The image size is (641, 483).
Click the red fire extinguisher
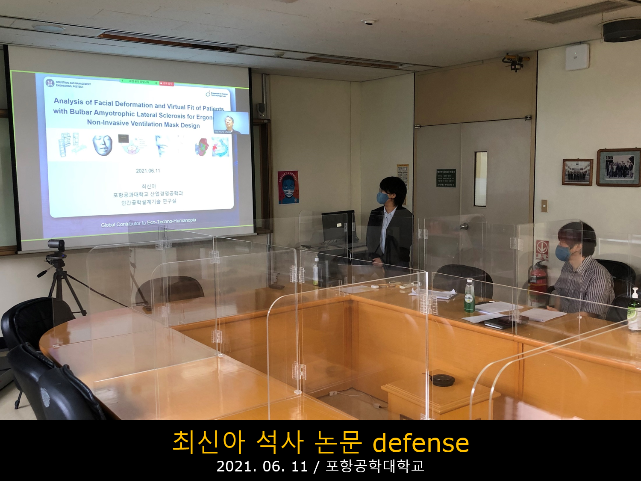click(538, 278)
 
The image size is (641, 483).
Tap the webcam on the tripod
click(56, 246)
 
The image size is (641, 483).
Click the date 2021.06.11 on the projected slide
click(148, 171)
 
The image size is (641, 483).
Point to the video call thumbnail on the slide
click(231, 123)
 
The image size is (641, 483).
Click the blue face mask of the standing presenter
click(382, 198)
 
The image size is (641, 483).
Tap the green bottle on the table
click(469, 296)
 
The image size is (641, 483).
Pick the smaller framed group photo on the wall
click(577, 172)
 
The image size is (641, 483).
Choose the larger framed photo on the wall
click(619, 167)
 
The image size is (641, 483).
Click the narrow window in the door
click(480, 179)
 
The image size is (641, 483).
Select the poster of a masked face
click(288, 187)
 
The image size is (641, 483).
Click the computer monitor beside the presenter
click(338, 227)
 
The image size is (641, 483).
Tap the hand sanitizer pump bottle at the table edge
click(635, 309)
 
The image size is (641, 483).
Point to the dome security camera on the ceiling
click(369, 22)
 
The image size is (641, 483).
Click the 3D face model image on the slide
click(103, 145)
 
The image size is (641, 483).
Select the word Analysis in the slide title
click(68, 101)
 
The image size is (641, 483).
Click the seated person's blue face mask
click(563, 253)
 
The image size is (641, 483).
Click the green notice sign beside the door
click(446, 178)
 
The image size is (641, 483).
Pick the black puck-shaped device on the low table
click(442, 379)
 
